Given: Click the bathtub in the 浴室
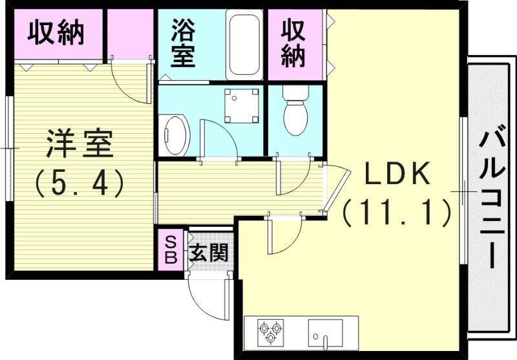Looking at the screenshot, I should click(244, 44).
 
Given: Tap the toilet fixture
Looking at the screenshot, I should click(295, 111).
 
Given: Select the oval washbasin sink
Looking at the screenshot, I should click(174, 135).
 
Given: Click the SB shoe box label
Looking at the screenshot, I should click(171, 250).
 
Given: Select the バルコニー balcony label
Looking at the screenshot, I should click(491, 198).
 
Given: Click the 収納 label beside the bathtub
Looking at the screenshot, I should click(294, 44).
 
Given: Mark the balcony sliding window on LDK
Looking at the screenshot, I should click(463, 191).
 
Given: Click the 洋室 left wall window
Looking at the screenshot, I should click(8, 149).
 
